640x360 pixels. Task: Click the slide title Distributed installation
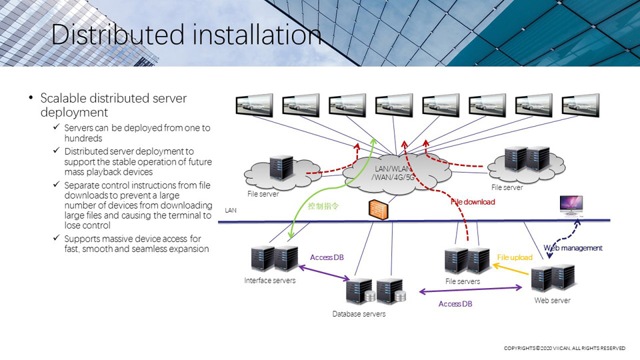click(x=186, y=35)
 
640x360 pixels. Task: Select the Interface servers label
click(x=269, y=281)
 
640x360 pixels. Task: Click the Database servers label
click(x=359, y=313)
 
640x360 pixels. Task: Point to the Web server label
click(x=552, y=301)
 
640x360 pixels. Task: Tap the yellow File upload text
click(x=515, y=257)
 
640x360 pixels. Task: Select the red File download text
click(x=473, y=202)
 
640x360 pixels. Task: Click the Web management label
click(x=573, y=248)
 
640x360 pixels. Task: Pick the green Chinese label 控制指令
click(x=323, y=207)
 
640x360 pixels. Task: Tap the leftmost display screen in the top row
click(x=254, y=105)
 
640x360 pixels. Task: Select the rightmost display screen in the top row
click(x=581, y=105)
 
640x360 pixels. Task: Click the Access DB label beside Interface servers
click(x=327, y=257)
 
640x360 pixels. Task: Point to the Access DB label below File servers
click(x=455, y=304)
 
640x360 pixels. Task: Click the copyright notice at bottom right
click(x=564, y=349)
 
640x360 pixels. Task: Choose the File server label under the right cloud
click(x=507, y=188)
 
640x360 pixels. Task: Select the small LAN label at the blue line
click(x=231, y=211)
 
